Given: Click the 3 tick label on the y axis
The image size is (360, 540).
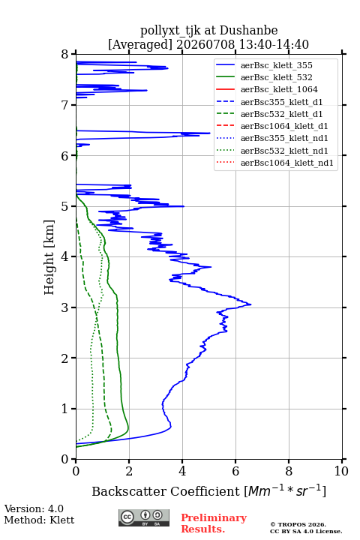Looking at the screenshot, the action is pos(65,307).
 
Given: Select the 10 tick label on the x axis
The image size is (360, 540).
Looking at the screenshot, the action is pos(341,471).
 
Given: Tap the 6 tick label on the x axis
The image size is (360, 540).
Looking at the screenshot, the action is pos(235,471).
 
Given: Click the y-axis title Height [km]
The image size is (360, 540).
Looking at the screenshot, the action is pos(49,257).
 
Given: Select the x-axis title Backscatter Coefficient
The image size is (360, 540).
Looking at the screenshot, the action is pos(165,491).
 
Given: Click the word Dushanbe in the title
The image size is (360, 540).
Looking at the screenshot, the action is pos(248,31).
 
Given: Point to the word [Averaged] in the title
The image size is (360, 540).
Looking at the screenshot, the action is pos(139,44).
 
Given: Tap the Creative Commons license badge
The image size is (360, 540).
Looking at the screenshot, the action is pos(144,517).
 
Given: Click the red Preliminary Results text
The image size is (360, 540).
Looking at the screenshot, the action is pos(214,523).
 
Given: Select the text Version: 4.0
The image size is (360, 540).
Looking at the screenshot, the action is pos(34,508).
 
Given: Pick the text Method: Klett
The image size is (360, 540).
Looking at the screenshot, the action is pos(39,520).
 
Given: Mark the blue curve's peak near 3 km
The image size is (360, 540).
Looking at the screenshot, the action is pos(250,304).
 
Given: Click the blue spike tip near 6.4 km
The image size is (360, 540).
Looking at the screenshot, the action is pos(210,133).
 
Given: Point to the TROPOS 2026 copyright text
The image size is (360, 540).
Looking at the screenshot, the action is pos(298,524).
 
